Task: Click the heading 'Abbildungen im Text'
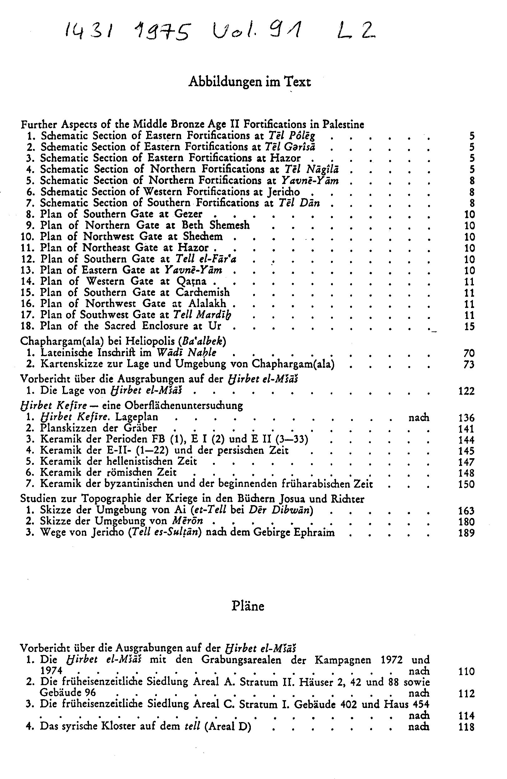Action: (249, 81)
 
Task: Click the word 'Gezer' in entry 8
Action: (188, 214)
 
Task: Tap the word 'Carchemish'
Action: (202, 292)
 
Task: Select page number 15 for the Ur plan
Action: (469, 327)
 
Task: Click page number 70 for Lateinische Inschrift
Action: (469, 353)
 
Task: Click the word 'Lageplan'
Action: (137, 417)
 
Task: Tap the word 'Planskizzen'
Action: (75, 428)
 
